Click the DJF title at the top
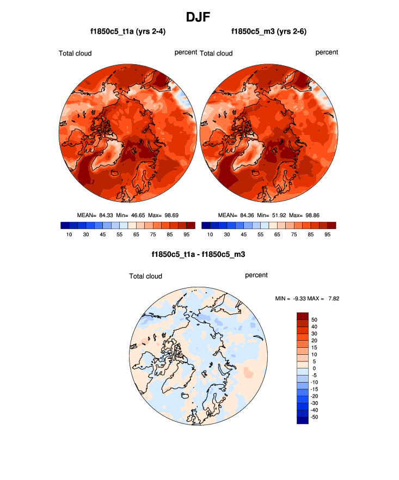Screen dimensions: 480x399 click(199, 17)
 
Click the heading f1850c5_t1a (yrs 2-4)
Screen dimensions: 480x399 click(128, 32)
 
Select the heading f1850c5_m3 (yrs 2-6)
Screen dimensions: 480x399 click(269, 32)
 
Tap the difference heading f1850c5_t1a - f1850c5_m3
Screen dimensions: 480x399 click(199, 254)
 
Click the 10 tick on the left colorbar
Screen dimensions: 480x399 click(69, 235)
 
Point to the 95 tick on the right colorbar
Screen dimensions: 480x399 click(328, 235)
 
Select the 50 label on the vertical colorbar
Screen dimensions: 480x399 click(314, 319)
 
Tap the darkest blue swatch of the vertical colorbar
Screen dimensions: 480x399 click(303, 420)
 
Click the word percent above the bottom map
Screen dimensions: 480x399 click(256, 275)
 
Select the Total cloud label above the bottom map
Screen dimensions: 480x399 click(146, 276)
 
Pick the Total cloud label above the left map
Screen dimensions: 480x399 click(75, 53)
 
